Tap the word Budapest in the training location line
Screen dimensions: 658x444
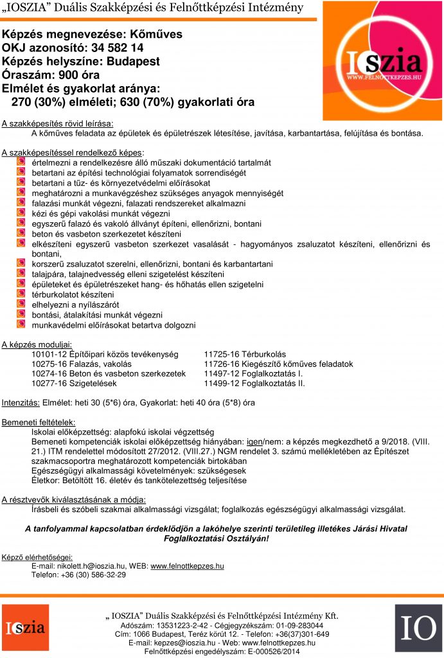pyautogui.click(x=132, y=62)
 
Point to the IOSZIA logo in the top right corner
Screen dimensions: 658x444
pyautogui.click(x=383, y=62)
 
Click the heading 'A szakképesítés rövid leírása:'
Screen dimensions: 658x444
pyautogui.click(x=57, y=123)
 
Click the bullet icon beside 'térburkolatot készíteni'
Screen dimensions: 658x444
pyautogui.click(x=21, y=293)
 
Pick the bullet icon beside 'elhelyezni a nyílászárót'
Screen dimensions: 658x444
pyautogui.click(x=21, y=304)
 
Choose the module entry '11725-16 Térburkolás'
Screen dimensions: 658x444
pyautogui.click(x=245, y=354)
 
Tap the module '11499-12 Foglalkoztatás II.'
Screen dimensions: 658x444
pyautogui.click(x=254, y=384)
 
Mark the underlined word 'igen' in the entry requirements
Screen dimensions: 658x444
pyautogui.click(x=255, y=442)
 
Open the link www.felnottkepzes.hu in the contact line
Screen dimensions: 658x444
pyautogui.click(x=187, y=566)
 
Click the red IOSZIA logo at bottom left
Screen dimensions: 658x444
pyautogui.click(x=25, y=628)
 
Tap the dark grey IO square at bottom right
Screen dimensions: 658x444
pyautogui.click(x=418, y=628)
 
